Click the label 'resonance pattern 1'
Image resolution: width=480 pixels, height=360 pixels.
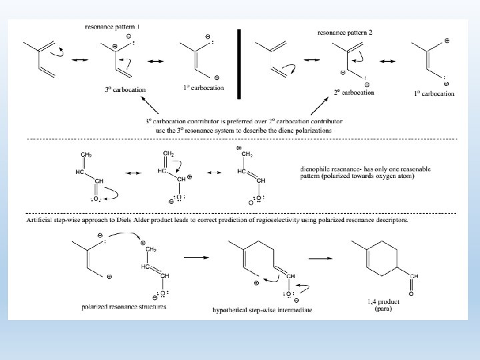pos(113,26)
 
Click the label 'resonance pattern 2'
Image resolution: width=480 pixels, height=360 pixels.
pos(345,31)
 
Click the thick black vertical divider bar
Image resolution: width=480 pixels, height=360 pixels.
pos(239,60)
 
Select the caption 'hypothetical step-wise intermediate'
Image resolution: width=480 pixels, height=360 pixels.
pos(262,310)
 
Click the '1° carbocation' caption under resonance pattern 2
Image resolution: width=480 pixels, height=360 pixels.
pos(434,93)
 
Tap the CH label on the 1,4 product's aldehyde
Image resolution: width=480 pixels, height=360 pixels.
pos(413,274)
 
